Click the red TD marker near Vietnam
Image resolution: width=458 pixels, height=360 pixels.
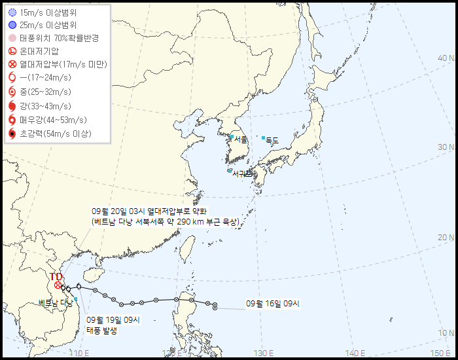click(x=58, y=285)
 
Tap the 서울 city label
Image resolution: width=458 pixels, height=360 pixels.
click(x=241, y=139)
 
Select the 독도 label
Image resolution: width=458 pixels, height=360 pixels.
click(x=272, y=139)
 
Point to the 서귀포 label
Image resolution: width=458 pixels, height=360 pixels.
click(x=242, y=173)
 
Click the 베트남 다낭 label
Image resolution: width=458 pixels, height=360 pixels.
click(x=55, y=302)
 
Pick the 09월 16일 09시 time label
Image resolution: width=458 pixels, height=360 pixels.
click(x=273, y=304)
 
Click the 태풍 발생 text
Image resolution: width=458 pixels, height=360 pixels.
click(x=102, y=331)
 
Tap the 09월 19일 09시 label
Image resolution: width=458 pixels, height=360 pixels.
click(x=113, y=319)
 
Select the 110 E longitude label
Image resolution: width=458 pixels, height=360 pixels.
click(x=79, y=353)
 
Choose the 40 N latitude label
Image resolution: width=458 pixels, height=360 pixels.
click(x=447, y=57)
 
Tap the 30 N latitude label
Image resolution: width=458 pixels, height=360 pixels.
click(x=447, y=147)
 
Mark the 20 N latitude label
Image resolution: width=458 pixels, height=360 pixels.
click(x=447, y=237)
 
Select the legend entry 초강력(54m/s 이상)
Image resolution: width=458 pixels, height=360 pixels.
click(x=56, y=134)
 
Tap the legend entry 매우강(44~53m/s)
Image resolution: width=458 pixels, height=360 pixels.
click(x=54, y=120)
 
